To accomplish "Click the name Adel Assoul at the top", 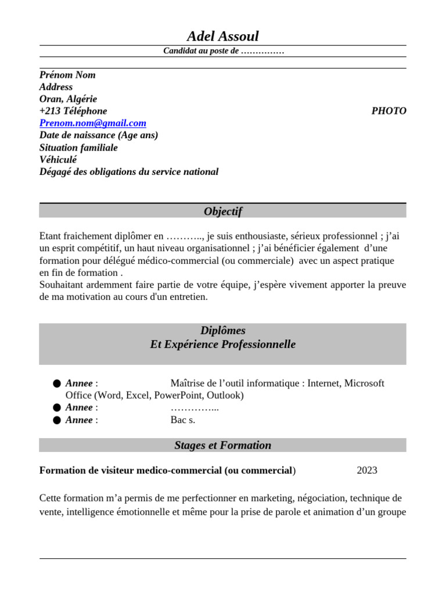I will [222, 37].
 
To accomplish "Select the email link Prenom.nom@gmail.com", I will [93, 123].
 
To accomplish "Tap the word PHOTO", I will [389, 111].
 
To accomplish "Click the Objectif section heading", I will [222, 212].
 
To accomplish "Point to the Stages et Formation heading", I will [222, 446].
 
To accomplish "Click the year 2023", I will [366, 470].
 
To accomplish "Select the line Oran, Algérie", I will [68, 99].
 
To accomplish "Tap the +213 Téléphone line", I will [73, 111].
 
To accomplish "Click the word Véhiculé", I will [58, 160].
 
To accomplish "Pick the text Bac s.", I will [182, 420].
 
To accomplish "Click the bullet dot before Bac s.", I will [56, 420].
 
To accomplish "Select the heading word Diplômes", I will [222, 331].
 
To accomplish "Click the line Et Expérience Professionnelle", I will [222, 345].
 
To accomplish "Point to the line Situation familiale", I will [78, 148].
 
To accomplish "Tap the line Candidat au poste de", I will [223, 51].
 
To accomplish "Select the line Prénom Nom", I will [67, 75].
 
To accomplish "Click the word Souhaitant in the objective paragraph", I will [62, 285].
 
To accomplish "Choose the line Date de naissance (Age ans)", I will [99, 135].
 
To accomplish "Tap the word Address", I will [56, 87].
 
